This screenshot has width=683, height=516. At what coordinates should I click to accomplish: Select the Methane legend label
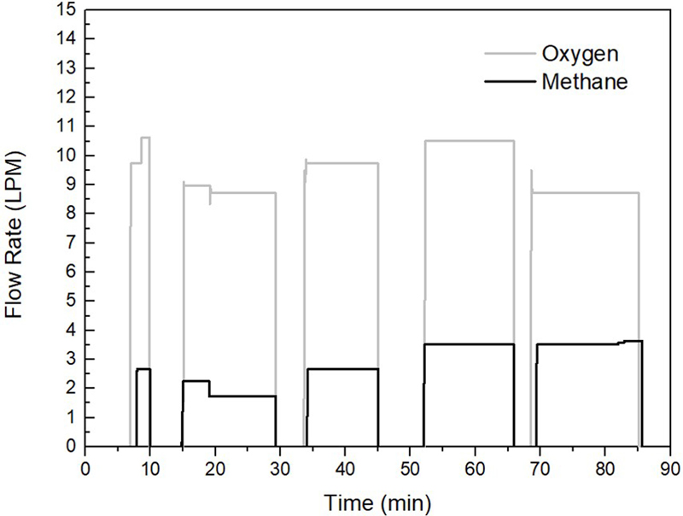(585, 82)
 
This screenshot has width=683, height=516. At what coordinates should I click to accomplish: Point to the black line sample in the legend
(509, 82)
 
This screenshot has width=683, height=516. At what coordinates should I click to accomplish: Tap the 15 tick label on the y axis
(67, 10)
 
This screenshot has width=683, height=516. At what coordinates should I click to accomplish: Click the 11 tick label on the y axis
(67, 126)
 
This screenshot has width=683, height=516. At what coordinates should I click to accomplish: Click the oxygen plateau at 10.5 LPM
(469, 141)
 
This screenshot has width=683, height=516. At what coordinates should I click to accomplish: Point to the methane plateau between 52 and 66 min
(469, 344)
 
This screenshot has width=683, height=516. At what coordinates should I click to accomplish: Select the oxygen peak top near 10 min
(145, 138)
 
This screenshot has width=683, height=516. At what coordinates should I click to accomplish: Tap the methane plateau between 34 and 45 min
(342, 369)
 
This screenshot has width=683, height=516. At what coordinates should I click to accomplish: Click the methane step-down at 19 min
(209, 389)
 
